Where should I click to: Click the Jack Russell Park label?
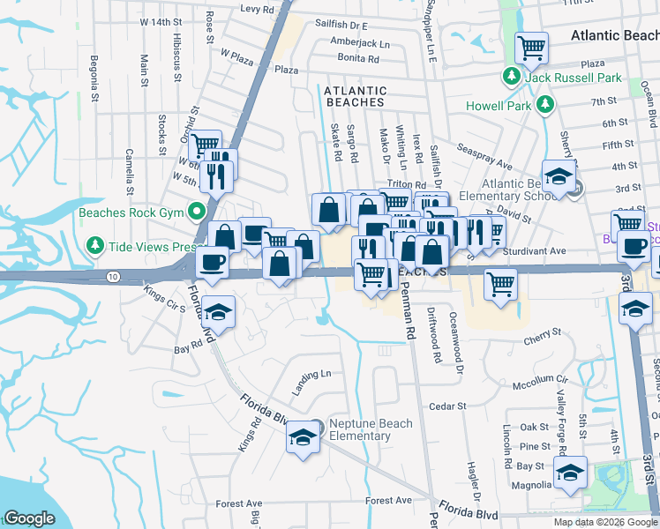coord(574,78)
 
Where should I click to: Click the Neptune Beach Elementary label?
coord(370,429)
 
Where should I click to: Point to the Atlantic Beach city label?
coord(614,36)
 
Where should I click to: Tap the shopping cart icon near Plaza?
coord(531,48)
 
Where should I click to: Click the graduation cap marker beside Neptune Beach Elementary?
coord(302,436)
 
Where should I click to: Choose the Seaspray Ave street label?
coord(484,154)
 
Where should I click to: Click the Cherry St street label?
coord(543,333)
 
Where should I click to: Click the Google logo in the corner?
coord(29,518)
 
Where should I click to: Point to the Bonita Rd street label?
coord(357,59)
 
